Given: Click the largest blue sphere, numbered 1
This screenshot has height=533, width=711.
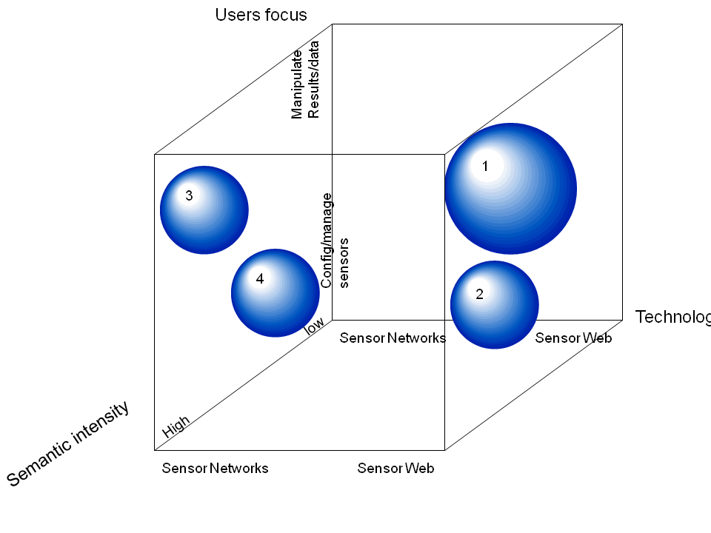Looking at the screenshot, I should (x=510, y=189).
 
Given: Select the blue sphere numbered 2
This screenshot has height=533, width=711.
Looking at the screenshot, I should (x=494, y=304).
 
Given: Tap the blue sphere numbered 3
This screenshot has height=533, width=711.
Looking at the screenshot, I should (x=204, y=210).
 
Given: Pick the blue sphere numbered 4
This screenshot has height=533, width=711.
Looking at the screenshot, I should (x=276, y=293).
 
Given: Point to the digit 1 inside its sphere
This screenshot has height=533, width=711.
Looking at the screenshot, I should (x=485, y=167).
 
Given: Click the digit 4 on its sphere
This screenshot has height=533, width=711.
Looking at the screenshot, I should (x=259, y=279).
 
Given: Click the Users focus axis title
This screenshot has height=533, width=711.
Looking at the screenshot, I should (x=261, y=15).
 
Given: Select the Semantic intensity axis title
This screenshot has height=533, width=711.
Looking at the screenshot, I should (x=68, y=443).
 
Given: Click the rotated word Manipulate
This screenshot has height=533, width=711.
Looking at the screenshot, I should (x=297, y=84).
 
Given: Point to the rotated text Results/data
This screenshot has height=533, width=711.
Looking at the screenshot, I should (x=314, y=79).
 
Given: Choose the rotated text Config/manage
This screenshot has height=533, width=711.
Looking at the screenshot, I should (x=327, y=241).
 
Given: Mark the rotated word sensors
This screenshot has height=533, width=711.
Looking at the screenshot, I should (x=344, y=263).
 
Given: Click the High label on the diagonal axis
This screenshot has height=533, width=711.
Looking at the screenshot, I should (x=176, y=426).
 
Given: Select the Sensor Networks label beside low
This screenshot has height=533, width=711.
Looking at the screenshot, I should (x=393, y=338).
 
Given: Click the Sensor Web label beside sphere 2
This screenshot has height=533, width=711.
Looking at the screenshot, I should (x=573, y=338).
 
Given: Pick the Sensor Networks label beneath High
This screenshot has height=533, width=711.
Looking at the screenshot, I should (x=215, y=468).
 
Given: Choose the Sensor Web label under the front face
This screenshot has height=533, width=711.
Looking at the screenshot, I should (x=395, y=468).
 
